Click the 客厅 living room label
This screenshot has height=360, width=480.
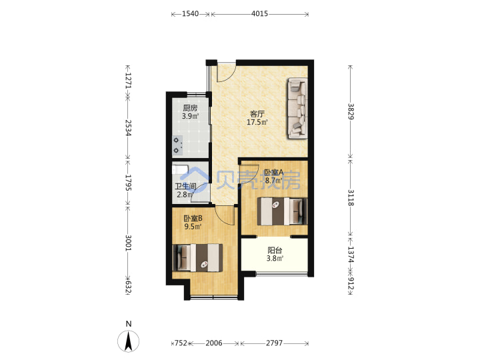[257, 114]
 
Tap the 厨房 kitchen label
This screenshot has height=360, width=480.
[190, 108]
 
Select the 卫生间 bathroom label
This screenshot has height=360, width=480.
[185, 187]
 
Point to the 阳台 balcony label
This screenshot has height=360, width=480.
[275, 251]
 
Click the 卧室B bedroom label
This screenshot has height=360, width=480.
[193, 219]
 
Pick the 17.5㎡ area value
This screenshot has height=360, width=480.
[257, 123]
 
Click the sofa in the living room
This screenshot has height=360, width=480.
[297, 109]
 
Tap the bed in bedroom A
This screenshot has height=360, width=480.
[282, 211]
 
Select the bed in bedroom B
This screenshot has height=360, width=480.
[198, 257]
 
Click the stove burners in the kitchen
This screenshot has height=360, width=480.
[177, 145]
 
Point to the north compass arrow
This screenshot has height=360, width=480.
[128, 341]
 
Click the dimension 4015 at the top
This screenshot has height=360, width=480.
[259, 14]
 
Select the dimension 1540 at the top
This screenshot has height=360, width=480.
[190, 14]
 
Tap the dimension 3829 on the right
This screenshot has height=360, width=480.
[351, 112]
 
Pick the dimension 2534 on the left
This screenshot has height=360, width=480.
[128, 127]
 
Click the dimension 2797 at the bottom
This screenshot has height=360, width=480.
[274, 343]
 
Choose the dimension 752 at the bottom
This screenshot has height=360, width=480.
[181, 343]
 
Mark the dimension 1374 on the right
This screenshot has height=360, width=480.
[351, 255]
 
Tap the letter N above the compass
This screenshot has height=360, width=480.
[129, 324]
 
